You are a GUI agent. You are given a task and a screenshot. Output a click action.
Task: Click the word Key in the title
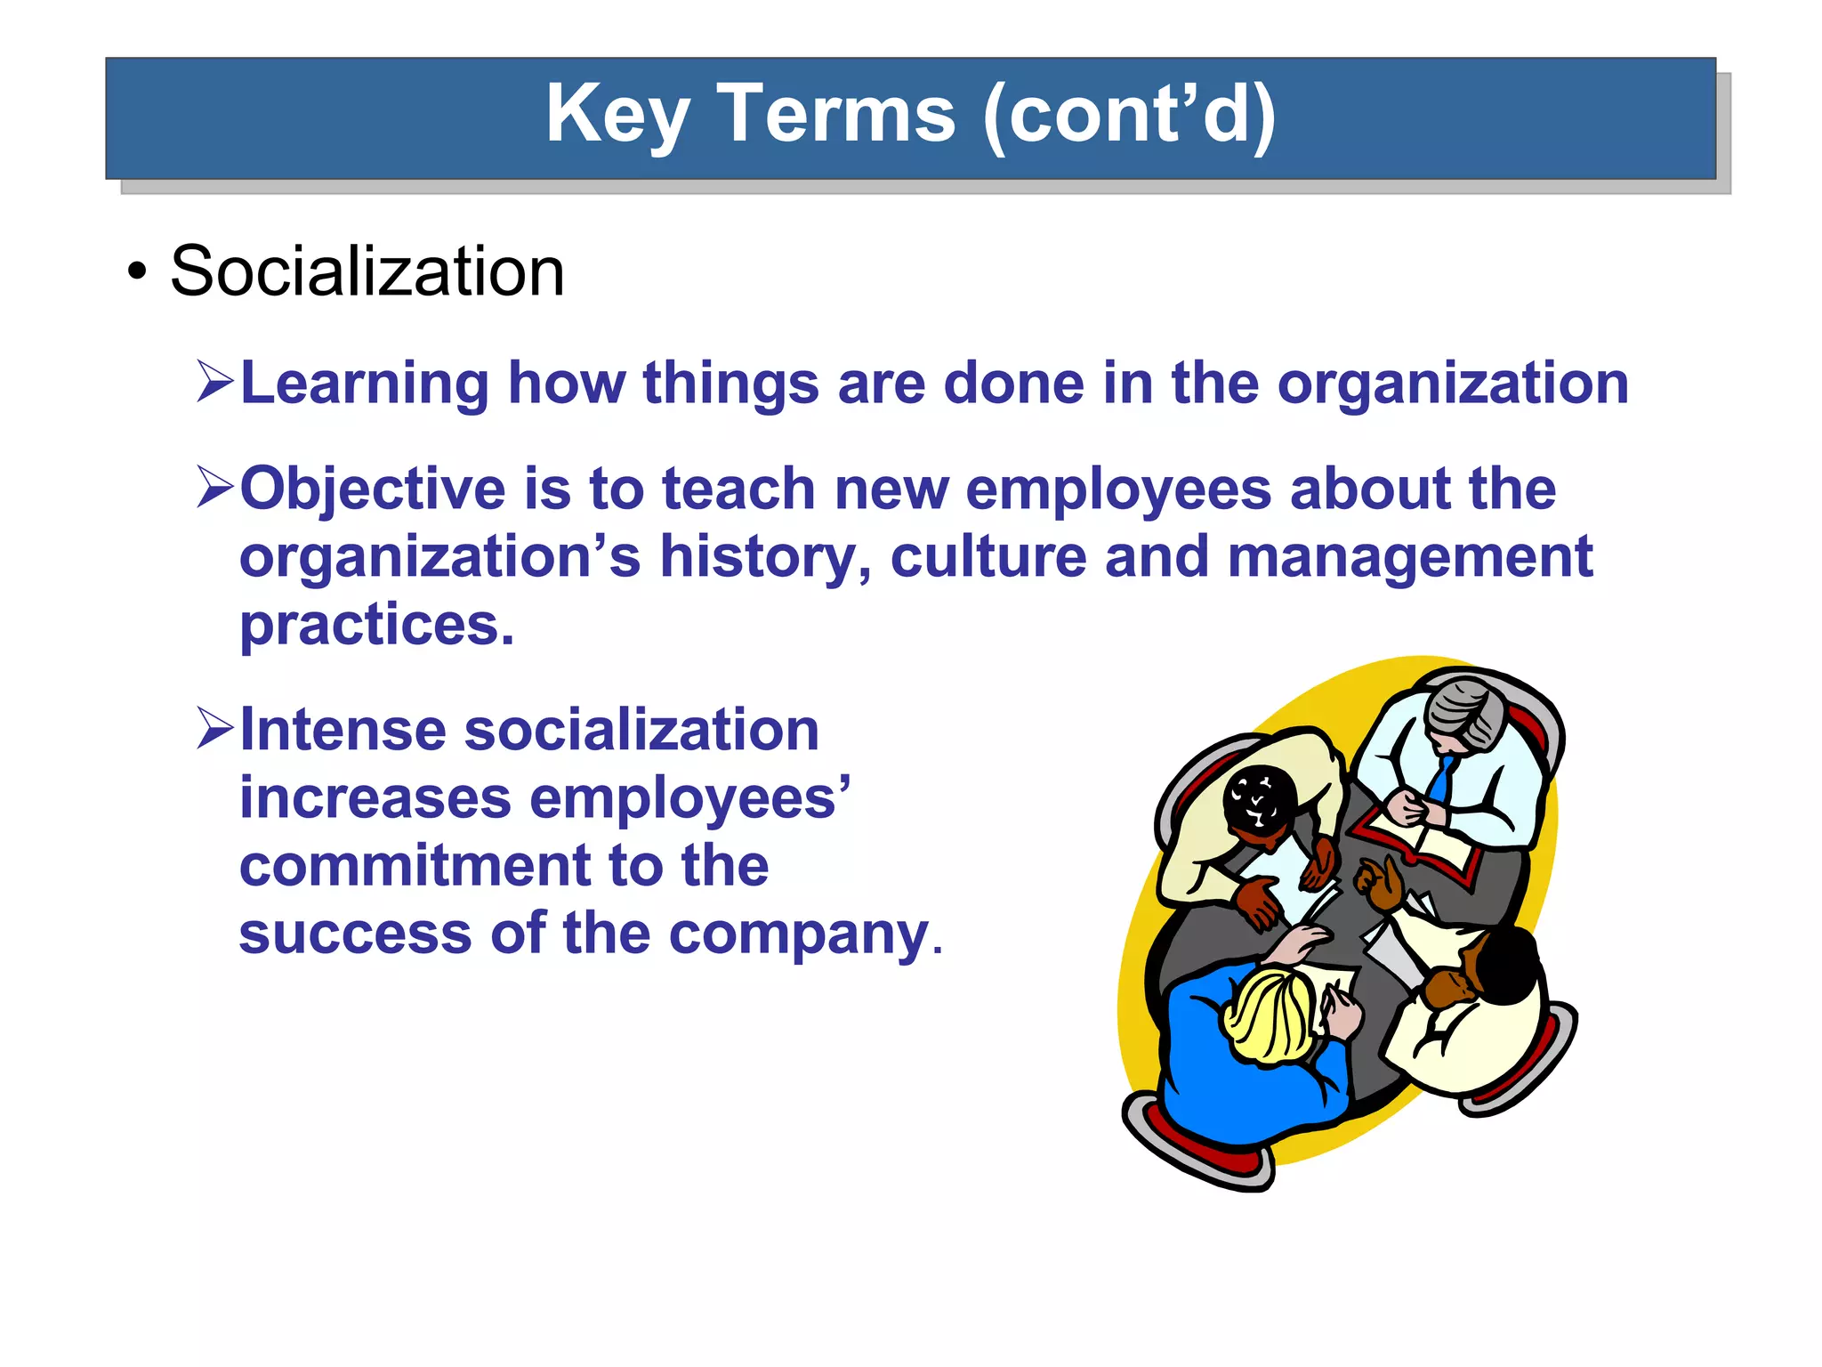pos(617,116)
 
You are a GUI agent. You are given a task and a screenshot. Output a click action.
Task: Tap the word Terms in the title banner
pos(835,114)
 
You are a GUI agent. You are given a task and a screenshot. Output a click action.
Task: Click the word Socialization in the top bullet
pos(367,271)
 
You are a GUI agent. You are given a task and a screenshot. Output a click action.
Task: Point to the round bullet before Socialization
pos(136,272)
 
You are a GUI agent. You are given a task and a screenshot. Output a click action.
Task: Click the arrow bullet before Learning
pos(214,382)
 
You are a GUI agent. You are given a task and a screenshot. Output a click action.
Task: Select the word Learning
pos(365,384)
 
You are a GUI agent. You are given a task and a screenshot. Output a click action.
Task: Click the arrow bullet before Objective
pos(214,488)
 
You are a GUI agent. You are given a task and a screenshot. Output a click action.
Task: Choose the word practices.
pos(376,625)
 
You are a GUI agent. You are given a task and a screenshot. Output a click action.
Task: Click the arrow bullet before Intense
pos(214,728)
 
